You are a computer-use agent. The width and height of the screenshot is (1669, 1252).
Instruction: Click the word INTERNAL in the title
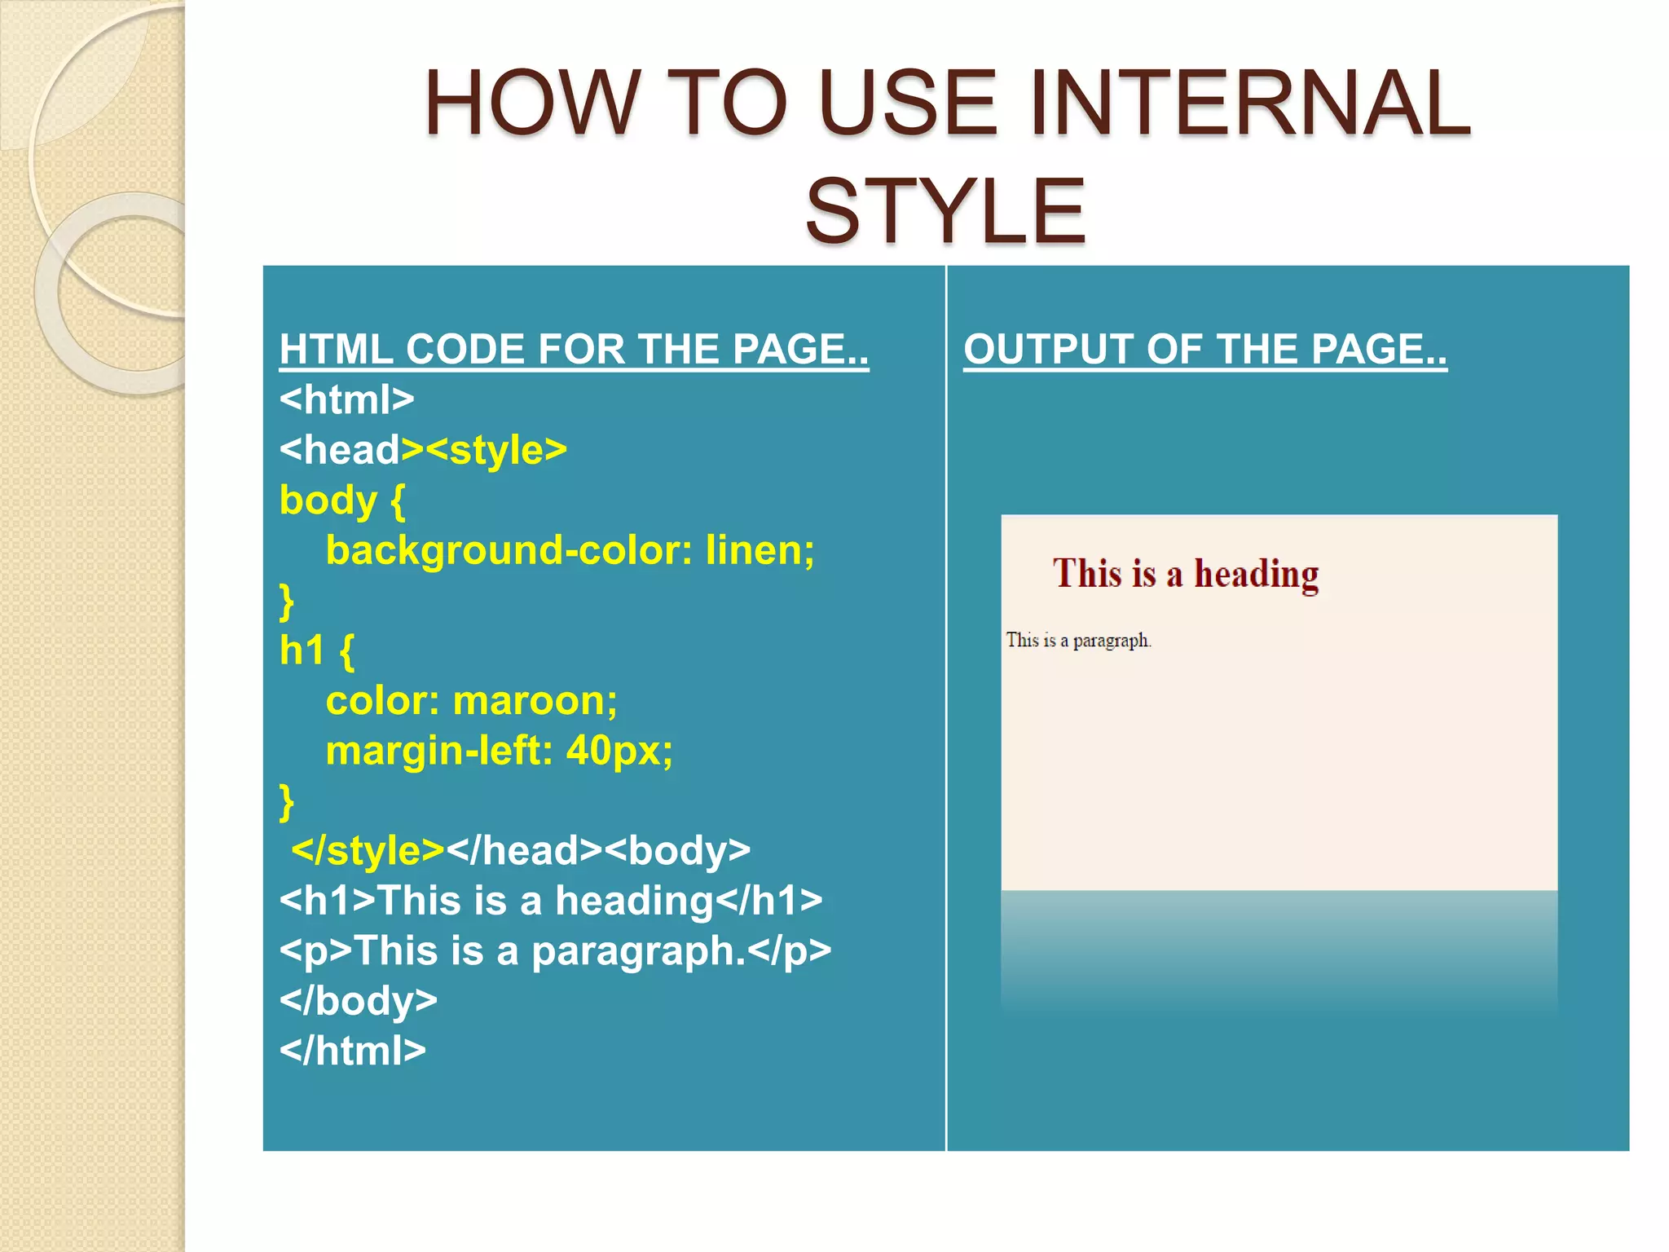pos(1249,104)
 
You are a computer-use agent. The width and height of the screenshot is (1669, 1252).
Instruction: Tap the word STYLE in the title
pos(945,212)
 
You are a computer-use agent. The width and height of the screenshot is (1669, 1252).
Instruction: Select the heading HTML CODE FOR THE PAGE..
pos(574,350)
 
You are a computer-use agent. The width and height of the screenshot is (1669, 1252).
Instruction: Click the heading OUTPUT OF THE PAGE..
pos(1204,350)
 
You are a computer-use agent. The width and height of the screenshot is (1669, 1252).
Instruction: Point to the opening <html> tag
pos(346,400)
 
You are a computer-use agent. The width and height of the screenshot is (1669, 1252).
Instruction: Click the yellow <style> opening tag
pos(496,450)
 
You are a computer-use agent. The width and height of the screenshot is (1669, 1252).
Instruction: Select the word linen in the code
pos(759,550)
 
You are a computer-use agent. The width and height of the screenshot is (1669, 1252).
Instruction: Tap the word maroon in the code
pos(534,701)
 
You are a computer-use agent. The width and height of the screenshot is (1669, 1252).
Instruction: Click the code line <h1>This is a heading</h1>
pos(550,902)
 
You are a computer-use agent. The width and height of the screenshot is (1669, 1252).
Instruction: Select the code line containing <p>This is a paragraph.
pos(554,951)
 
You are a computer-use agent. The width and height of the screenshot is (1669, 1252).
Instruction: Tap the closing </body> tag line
pos(358,1001)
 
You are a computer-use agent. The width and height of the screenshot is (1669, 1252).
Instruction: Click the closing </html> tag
pos(352,1051)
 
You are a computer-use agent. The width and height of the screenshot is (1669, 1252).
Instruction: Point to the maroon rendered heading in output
pos(1185,574)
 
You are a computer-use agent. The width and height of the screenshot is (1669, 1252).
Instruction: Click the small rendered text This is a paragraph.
pos(1077,641)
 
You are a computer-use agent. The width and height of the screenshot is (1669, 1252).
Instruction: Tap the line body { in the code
pos(341,500)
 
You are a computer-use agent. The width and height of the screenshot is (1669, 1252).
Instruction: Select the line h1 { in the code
pos(316,651)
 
